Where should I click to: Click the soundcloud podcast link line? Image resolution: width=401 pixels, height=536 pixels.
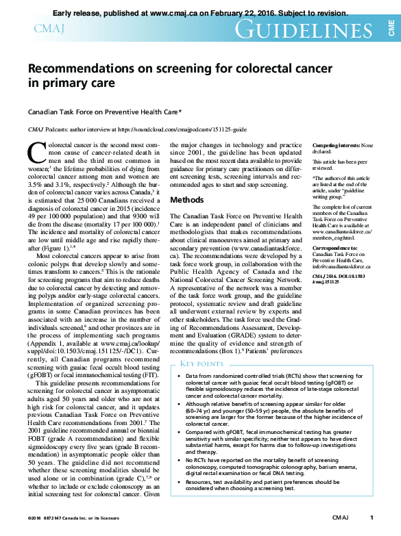click(143, 129)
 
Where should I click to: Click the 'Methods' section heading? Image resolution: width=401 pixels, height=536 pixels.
click(186, 201)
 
